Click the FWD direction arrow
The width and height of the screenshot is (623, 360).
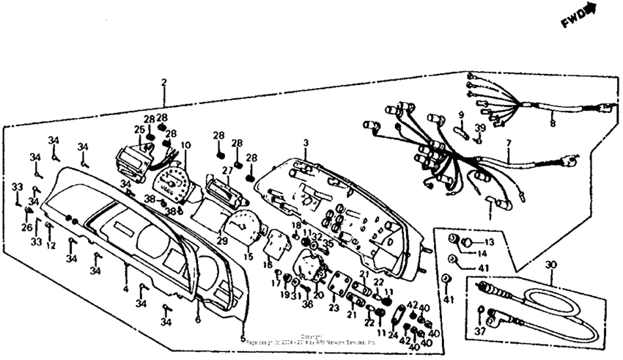click(580, 15)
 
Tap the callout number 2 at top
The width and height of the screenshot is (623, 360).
click(164, 83)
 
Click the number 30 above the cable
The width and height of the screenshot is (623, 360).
click(552, 265)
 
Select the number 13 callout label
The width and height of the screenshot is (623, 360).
click(489, 242)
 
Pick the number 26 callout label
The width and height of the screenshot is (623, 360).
click(27, 227)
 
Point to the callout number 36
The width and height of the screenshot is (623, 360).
click(307, 304)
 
